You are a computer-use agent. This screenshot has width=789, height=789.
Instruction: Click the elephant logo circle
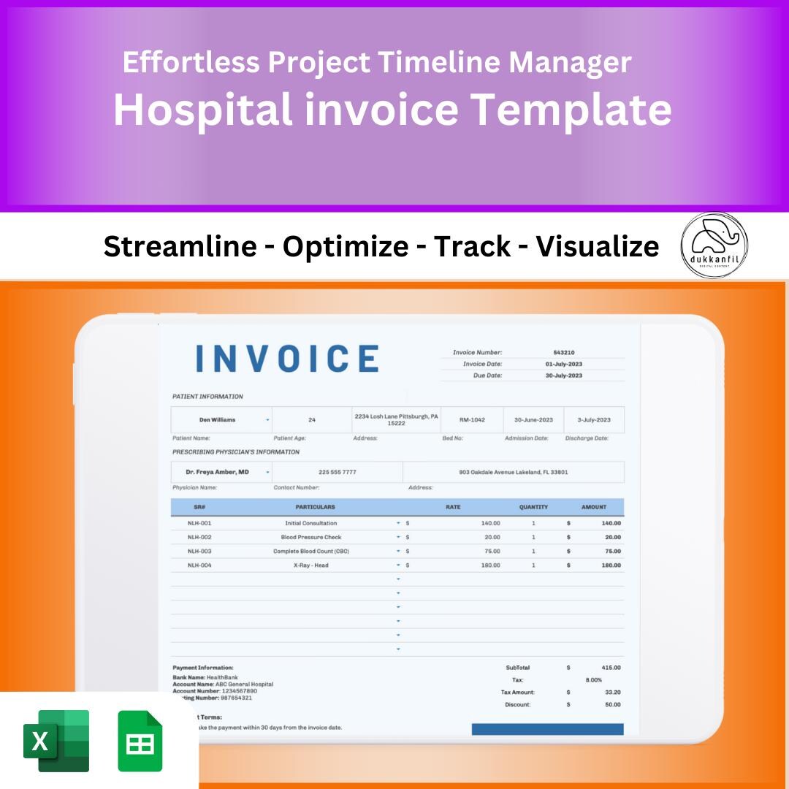tap(714, 245)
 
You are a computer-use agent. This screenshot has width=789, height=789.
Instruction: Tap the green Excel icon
tap(56, 741)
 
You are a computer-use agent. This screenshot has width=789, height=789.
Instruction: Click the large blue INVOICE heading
tap(287, 359)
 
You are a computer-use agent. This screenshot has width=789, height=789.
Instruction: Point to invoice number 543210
tap(564, 352)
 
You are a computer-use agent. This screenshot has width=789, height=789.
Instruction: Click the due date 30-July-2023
tap(564, 376)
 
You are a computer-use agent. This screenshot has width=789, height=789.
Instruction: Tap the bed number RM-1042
tap(472, 420)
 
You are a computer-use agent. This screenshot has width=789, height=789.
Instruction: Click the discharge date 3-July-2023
tap(594, 420)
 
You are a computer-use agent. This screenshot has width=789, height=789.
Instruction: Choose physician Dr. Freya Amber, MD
tap(217, 472)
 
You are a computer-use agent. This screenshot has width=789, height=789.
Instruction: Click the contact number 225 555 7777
tap(338, 472)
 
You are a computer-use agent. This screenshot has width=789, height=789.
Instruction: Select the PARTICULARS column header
tap(316, 507)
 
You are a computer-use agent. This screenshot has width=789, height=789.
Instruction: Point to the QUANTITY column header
tap(533, 507)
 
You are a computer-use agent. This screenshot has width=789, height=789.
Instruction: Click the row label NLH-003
tap(199, 552)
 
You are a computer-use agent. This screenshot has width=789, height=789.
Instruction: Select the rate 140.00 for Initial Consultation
tap(490, 523)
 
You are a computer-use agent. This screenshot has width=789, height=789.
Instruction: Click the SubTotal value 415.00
tap(611, 668)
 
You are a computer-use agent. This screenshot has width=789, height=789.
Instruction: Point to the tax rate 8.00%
tap(594, 679)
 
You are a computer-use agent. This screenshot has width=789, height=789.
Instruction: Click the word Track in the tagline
tap(472, 247)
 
